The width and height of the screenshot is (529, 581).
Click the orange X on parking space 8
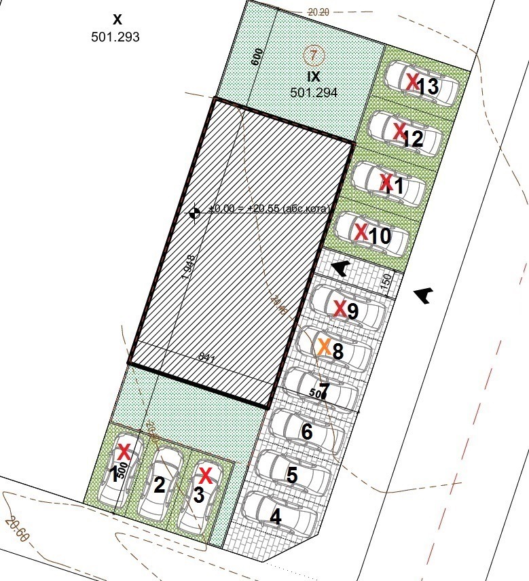[325, 347]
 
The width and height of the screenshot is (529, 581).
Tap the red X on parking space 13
[412, 82]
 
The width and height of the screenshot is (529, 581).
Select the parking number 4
[276, 517]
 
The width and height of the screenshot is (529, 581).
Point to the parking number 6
[307, 432]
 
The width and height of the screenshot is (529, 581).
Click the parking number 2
[160, 485]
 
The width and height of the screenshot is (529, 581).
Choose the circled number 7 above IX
[312, 53]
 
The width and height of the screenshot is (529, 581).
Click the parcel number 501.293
[115, 37]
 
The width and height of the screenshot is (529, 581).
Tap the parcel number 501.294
[314, 92]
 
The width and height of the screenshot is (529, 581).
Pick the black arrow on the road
[424, 294]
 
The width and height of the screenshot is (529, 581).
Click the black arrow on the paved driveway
[341, 268]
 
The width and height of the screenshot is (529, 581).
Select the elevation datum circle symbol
[194, 213]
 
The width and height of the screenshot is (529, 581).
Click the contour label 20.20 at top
[318, 12]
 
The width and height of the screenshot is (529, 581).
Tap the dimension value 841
[206, 356]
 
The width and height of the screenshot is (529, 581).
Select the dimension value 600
[257, 58]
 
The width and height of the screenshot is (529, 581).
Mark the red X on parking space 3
[205, 475]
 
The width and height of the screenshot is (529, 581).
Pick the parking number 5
[292, 475]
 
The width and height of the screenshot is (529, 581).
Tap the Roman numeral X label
[117, 20]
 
